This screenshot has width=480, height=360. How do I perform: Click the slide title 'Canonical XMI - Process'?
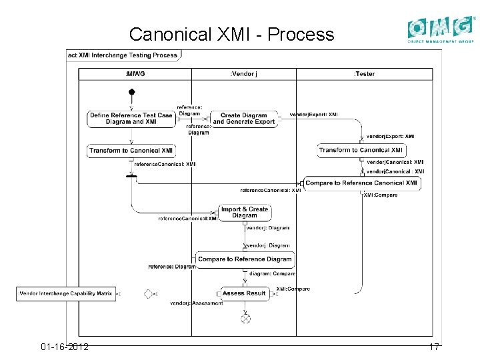point(231,34)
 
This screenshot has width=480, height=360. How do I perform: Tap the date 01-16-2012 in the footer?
point(65,347)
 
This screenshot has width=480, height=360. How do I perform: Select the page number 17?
point(434,347)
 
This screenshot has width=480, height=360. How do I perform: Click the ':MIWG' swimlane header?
point(135,74)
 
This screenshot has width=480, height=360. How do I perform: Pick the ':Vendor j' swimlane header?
point(243,74)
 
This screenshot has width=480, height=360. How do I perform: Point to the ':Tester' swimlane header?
point(364,74)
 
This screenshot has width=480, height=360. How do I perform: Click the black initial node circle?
point(132,91)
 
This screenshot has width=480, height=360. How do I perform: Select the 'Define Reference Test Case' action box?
point(131,119)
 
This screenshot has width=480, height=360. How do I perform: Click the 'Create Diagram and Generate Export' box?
point(243,119)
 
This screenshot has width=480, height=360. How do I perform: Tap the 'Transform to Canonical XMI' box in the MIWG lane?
point(131,151)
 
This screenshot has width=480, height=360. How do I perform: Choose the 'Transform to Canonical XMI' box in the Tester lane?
point(361,151)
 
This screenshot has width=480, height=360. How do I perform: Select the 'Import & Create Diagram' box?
point(245,213)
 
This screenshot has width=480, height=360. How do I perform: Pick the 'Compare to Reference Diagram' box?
point(245,259)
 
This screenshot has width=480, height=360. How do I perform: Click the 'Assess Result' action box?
point(244,293)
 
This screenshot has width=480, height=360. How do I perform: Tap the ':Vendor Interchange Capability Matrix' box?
point(66,293)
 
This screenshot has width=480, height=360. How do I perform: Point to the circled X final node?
point(245,319)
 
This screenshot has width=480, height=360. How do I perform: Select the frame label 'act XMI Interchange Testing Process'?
point(123,55)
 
